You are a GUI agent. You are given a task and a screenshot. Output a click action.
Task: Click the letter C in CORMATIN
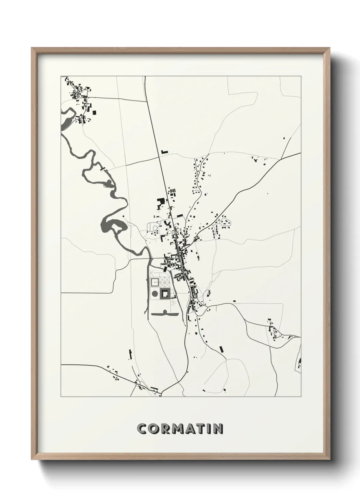pos(142,429)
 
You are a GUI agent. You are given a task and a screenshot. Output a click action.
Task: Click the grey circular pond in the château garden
pos(154,294)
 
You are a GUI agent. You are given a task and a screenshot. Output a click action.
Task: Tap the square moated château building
pos(165,294)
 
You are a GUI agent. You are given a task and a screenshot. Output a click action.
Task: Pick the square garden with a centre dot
pos(154,282)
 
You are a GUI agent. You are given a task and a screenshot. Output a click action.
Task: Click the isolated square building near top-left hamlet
pos(95,112)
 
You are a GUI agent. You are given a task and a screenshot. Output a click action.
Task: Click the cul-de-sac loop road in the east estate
pos(226,222)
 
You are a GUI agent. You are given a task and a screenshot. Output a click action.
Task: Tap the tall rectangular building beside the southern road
pos(222,349)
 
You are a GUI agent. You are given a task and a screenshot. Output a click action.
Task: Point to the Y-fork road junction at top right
pos(281,159)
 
